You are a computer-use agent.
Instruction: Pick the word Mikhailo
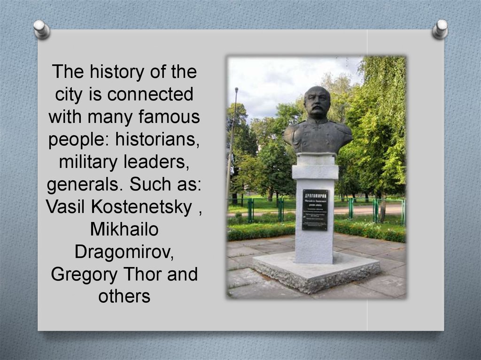tap(124, 229)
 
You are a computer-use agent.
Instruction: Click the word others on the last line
tap(124, 296)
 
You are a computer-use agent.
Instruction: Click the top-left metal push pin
tap(42, 29)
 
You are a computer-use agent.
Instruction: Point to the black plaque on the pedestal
tap(315, 210)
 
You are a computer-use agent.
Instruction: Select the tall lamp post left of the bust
tap(232, 141)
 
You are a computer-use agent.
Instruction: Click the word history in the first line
tap(105, 72)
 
